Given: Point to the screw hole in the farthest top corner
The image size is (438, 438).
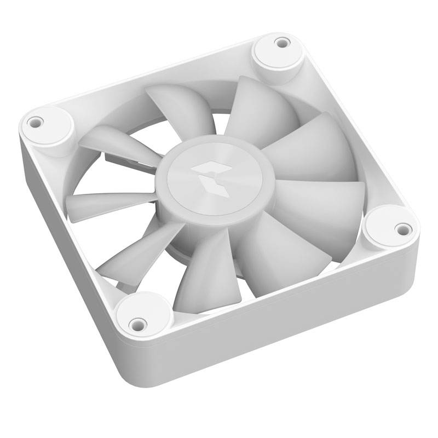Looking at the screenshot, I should [x=282, y=42].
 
